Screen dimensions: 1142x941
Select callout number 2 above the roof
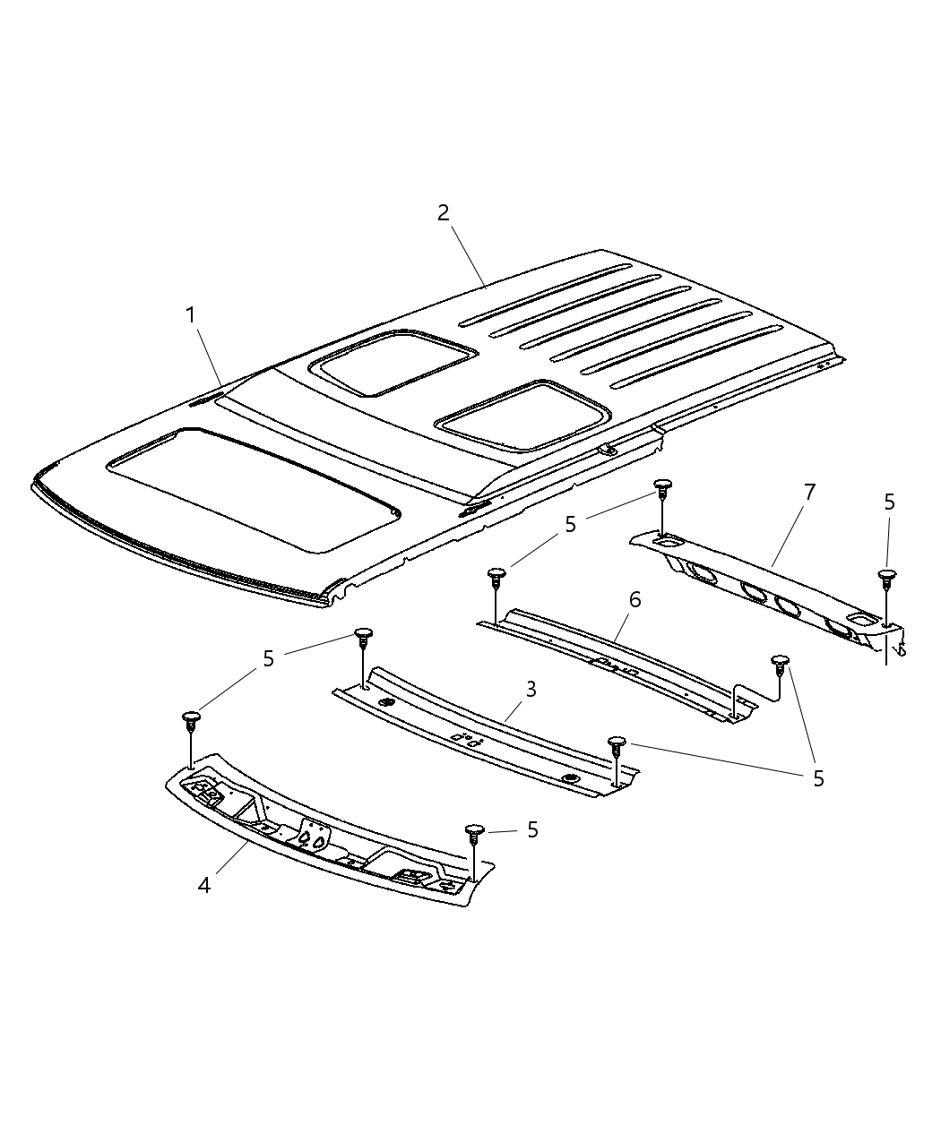click(x=443, y=213)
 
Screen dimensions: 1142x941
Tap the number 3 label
click(x=531, y=689)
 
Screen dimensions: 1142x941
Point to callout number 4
click(x=204, y=885)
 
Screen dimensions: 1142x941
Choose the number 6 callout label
click(x=635, y=599)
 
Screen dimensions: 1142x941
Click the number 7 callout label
click(x=809, y=491)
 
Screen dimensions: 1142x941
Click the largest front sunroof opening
click(x=251, y=488)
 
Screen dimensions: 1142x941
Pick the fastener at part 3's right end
click(x=617, y=743)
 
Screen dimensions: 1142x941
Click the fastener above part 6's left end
click(x=495, y=574)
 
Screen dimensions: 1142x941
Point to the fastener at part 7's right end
click(x=886, y=576)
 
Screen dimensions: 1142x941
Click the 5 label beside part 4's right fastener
click(x=532, y=830)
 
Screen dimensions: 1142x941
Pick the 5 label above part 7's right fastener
click(x=888, y=502)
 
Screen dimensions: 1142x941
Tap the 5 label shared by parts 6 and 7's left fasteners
click(x=570, y=525)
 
